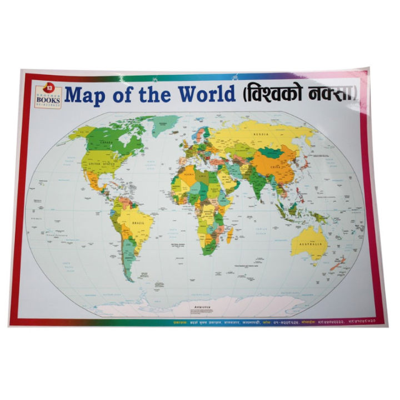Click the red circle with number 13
click(x=49, y=87)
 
